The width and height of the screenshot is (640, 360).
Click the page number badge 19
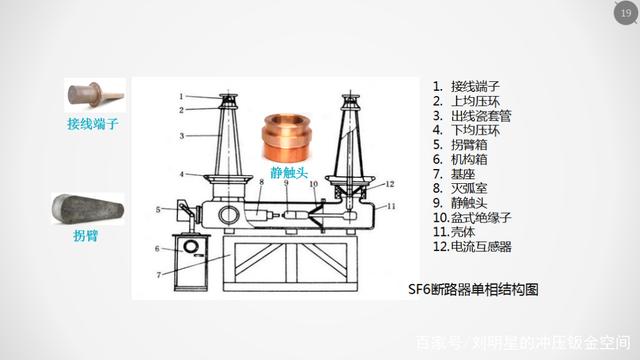tap(626, 13)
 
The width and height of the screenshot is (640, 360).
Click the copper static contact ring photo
tap(287, 138)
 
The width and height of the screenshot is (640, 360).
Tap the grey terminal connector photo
tap(96, 95)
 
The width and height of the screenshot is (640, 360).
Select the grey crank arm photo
tap(88, 209)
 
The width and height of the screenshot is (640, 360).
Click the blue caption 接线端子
tap(93, 124)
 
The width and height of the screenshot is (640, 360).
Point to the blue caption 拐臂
tap(86, 236)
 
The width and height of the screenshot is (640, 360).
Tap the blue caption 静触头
tap(289, 173)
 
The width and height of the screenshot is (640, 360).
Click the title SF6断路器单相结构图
tap(473, 289)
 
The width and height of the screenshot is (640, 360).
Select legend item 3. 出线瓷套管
tap(472, 116)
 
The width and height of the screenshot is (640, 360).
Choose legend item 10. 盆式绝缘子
tap(472, 218)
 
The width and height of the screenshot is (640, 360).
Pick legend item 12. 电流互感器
tap(472, 247)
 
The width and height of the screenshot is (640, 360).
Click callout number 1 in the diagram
tap(181, 96)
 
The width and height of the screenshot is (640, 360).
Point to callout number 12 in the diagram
tap(390, 184)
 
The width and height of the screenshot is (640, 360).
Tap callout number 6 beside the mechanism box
tap(157, 248)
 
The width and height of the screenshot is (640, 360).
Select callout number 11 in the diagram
tap(391, 207)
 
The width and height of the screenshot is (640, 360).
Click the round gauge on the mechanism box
tap(191, 246)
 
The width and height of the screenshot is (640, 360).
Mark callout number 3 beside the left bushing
tap(182, 136)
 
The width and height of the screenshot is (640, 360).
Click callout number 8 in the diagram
tap(262, 182)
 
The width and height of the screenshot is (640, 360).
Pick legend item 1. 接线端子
tap(467, 87)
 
